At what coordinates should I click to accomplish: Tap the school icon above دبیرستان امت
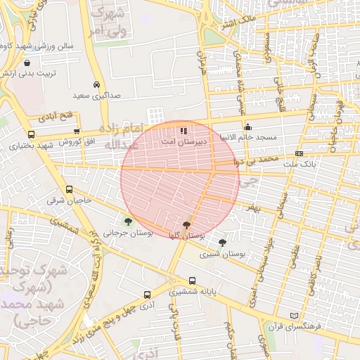coord(184,131)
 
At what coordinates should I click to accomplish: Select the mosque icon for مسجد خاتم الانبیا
coord(247,127)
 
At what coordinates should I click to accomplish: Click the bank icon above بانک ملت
coord(299,153)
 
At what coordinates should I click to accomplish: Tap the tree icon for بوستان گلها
coord(186,226)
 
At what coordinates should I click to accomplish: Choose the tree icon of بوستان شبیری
coord(222,243)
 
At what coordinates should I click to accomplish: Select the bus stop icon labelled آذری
coord(147,295)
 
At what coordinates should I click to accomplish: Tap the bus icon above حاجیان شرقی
coord(69,189)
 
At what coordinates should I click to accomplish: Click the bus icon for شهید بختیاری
coord(31,134)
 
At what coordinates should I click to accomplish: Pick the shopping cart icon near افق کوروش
coord(76,131)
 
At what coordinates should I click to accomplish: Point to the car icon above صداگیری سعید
coord(96,82)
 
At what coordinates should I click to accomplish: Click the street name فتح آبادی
coord(55,115)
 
